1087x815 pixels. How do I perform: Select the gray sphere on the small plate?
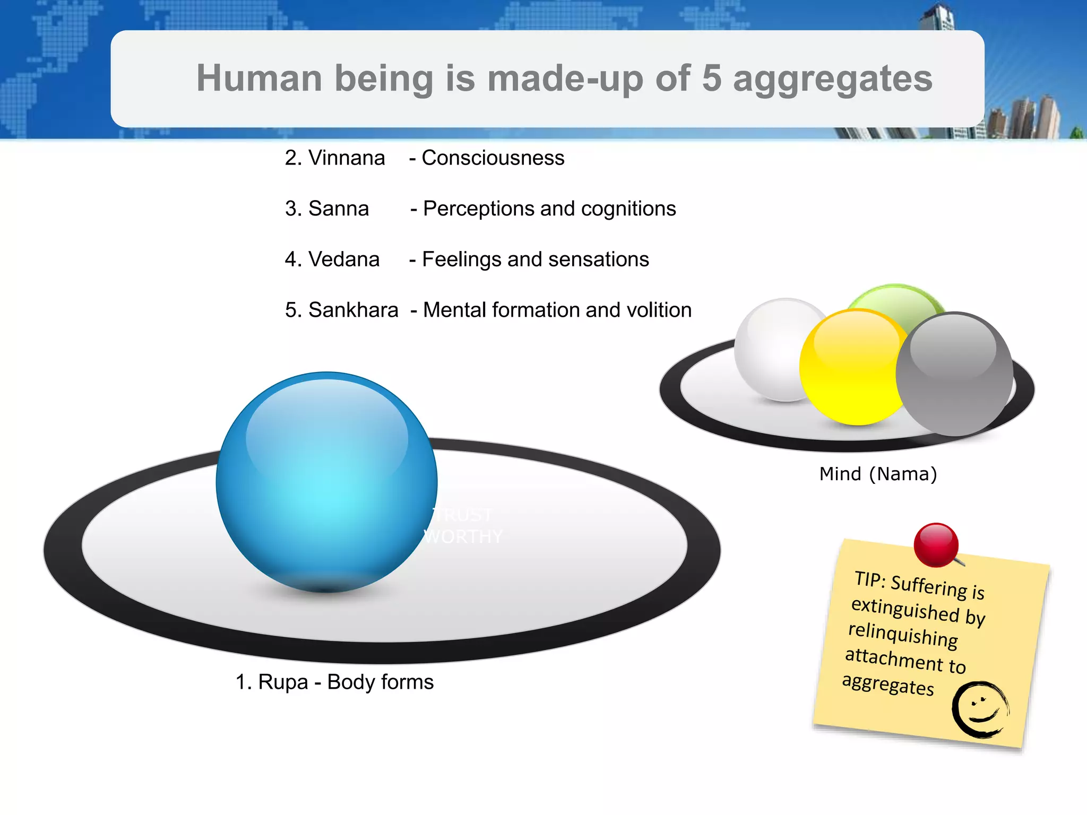[954, 374]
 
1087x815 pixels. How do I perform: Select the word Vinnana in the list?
[347, 158]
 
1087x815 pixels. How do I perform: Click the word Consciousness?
[493, 158]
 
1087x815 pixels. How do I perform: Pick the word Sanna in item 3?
[339, 209]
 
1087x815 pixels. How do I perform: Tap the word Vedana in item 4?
[344, 259]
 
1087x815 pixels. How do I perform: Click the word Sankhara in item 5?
[353, 310]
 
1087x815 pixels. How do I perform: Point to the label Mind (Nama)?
[878, 474]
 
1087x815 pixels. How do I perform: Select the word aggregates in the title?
[832, 79]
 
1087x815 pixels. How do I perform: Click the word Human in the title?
[260, 79]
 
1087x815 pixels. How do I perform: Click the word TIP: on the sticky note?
[869, 579]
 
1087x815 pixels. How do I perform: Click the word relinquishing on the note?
[903, 635]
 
